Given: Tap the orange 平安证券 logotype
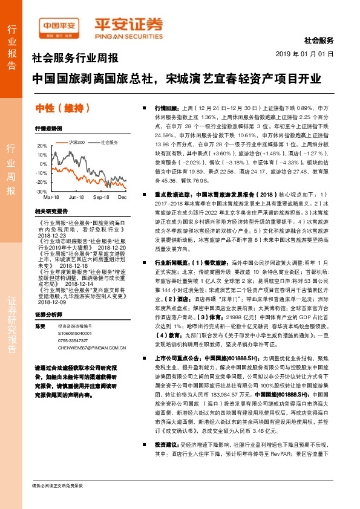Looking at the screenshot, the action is pos(128,24).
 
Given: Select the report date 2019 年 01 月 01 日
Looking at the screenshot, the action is pos(309,54).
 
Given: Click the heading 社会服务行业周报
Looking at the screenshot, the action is pos(74,59).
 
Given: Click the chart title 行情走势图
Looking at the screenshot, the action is pos(48,129).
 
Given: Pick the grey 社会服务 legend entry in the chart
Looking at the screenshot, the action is pos(109,142).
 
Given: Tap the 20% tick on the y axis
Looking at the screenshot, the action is pos(43,146).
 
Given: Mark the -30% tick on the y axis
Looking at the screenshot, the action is pos(42,191).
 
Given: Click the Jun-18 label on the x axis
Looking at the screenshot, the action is pos(76,198).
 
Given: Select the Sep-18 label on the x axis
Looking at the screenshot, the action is pos(100,198).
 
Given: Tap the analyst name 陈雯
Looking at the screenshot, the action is pos(41,325).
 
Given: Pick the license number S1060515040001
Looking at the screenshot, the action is pos(75,333).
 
